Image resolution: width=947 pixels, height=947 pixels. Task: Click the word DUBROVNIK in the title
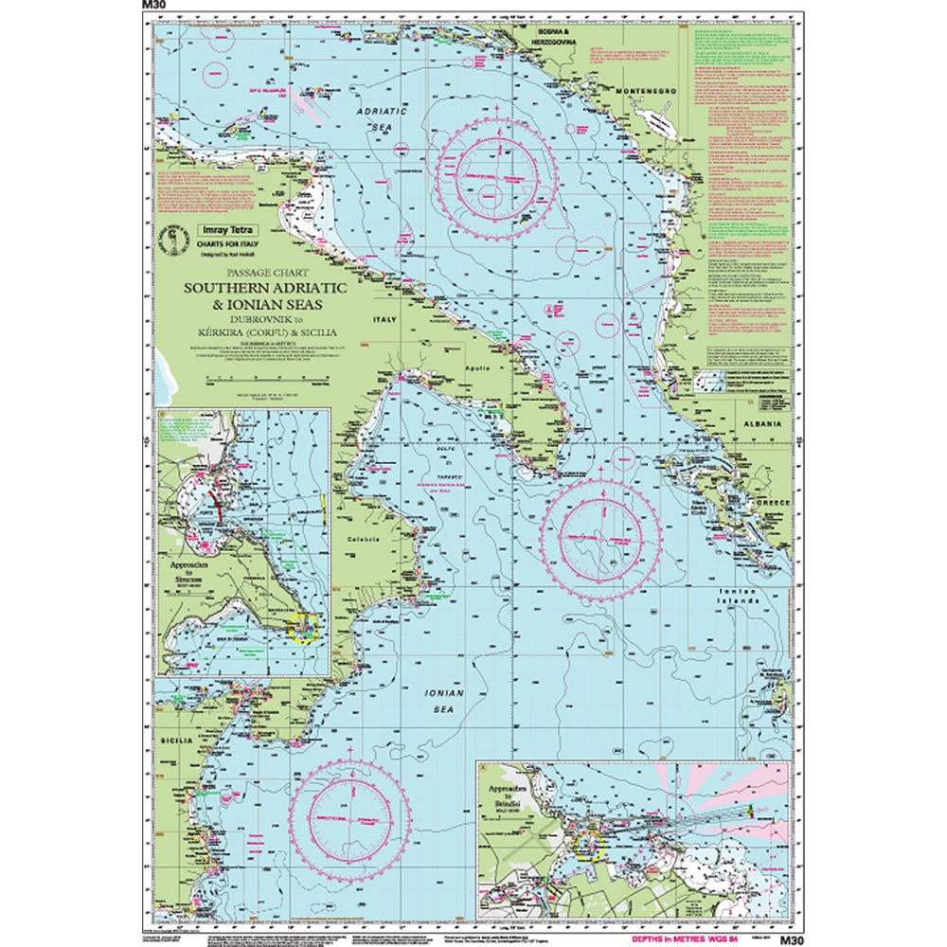point(228,318)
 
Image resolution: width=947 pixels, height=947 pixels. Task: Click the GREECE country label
point(772,502)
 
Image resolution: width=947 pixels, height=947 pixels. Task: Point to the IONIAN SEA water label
point(444,700)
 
